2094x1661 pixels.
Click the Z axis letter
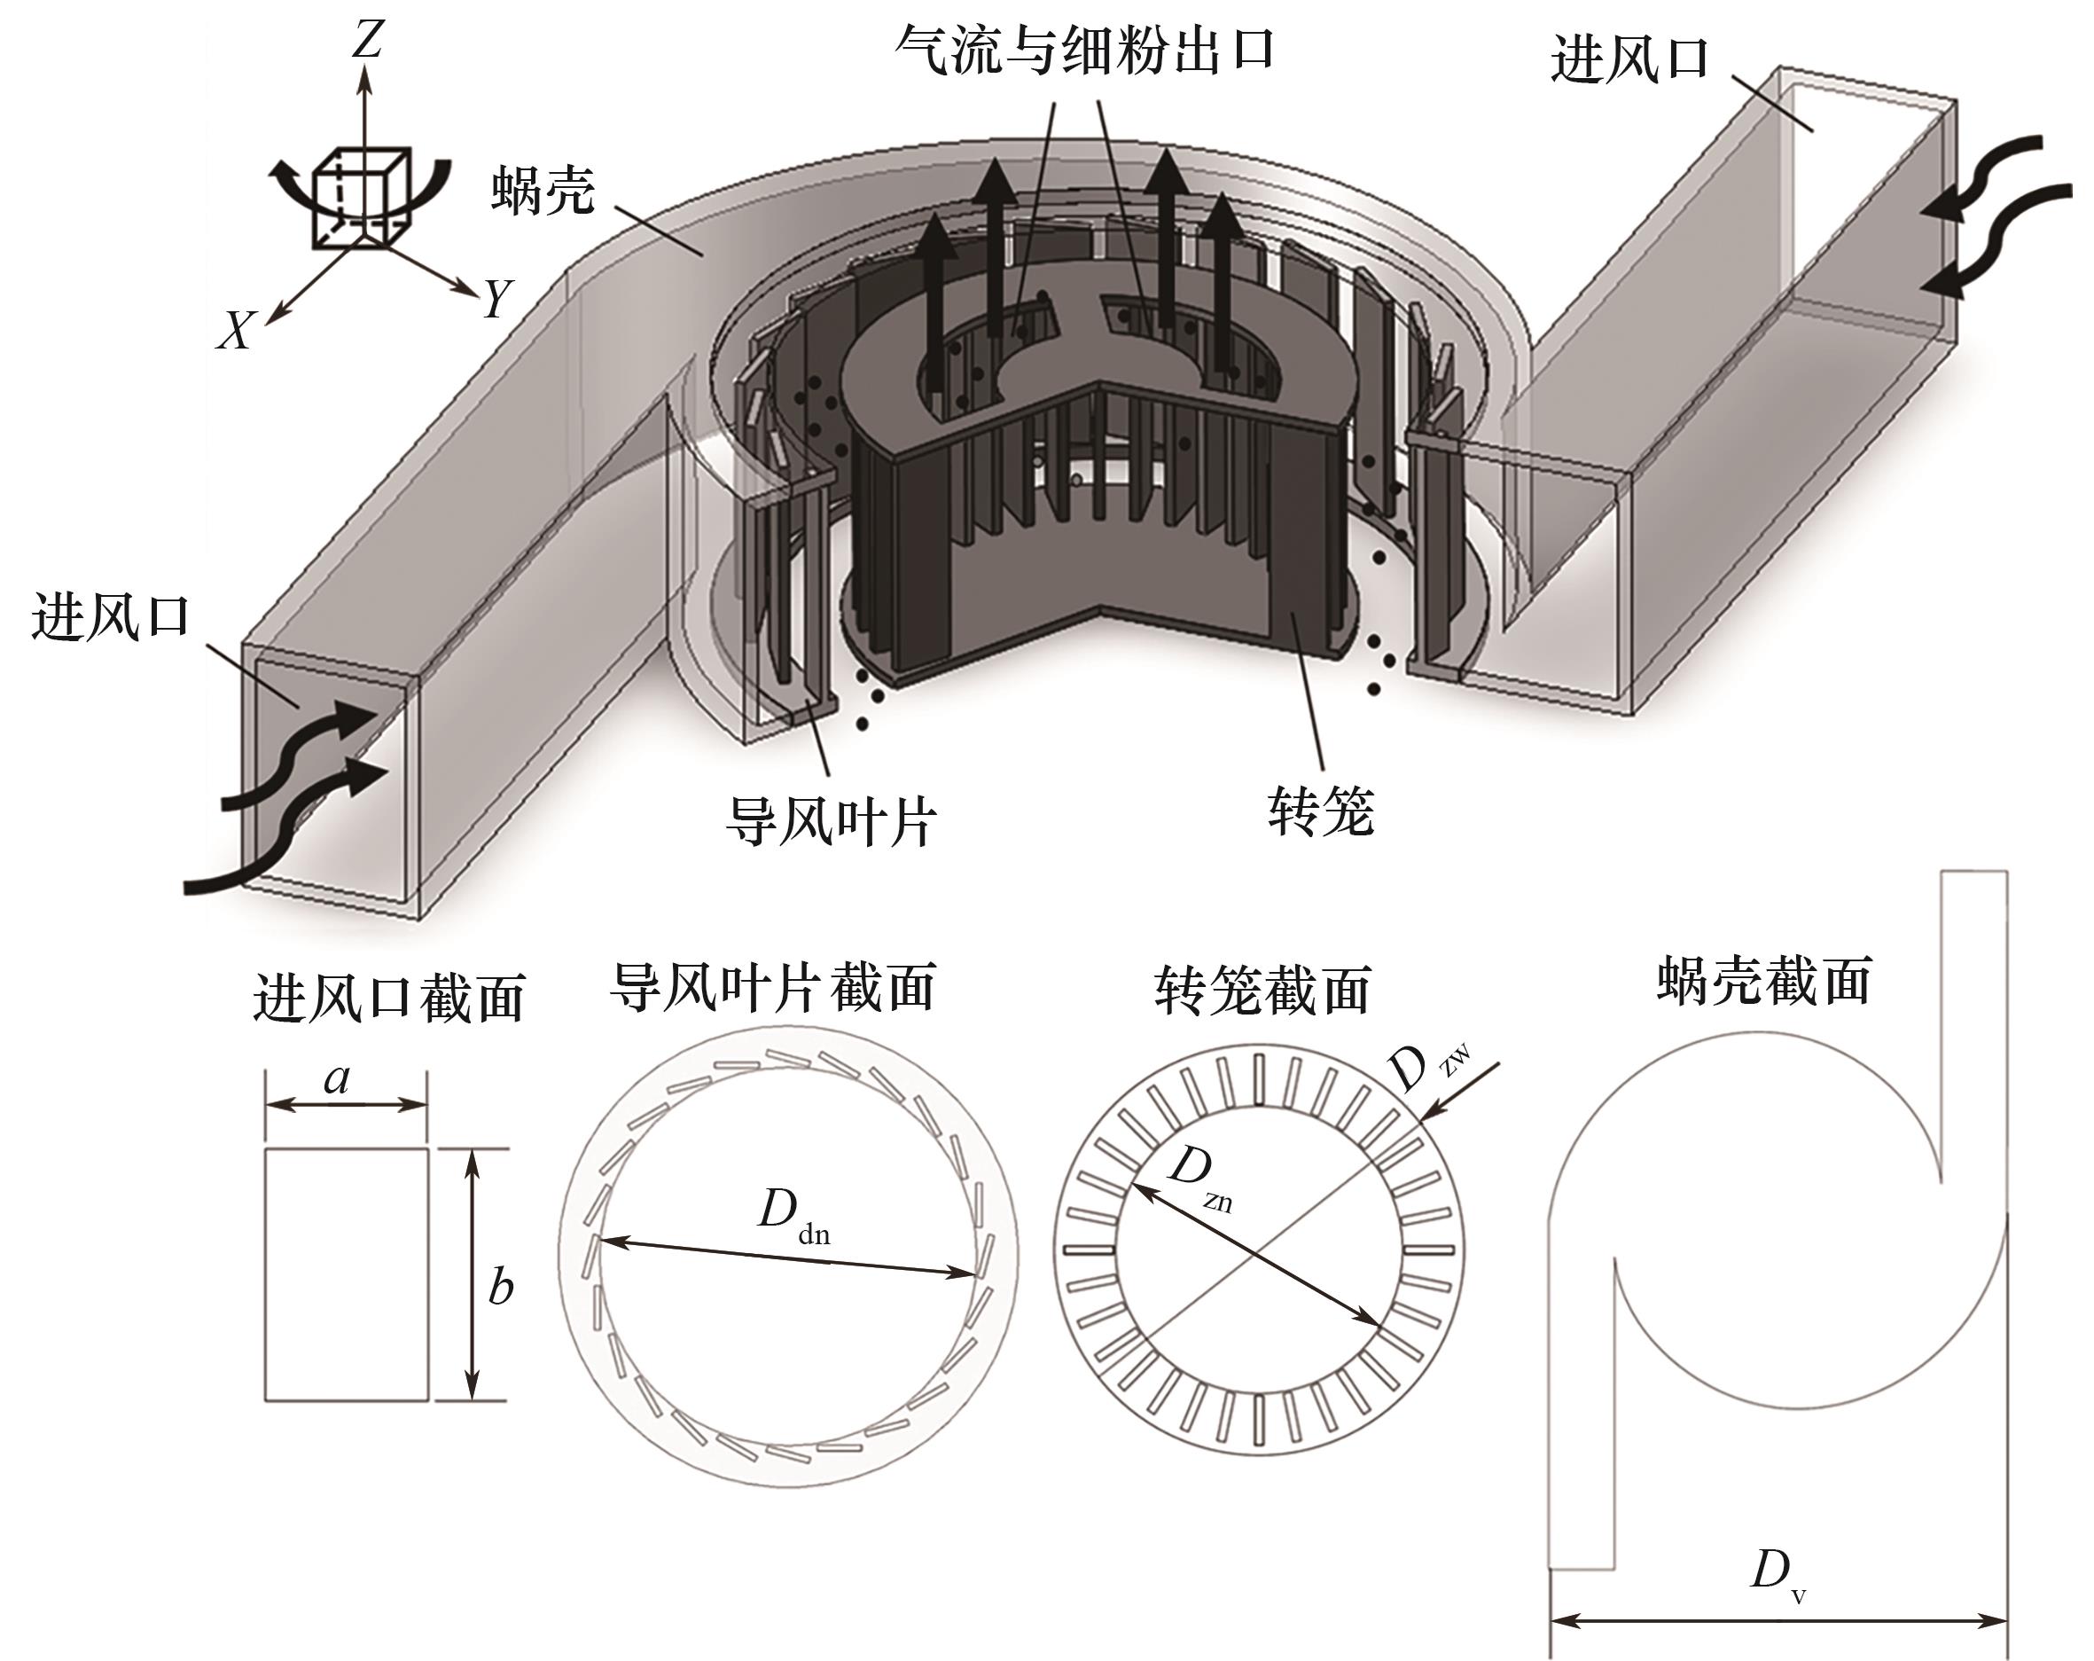tap(368, 42)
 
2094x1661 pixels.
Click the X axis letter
tap(236, 330)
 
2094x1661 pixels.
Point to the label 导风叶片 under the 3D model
tap(832, 822)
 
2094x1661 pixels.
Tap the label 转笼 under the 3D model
tap(1322, 811)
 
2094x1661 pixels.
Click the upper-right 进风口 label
tap(1629, 59)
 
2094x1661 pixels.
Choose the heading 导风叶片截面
tap(773, 988)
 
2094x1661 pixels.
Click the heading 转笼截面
tap(1263, 990)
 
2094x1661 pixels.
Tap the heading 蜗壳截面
tap(1765, 980)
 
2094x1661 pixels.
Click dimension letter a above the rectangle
tap(337, 1078)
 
